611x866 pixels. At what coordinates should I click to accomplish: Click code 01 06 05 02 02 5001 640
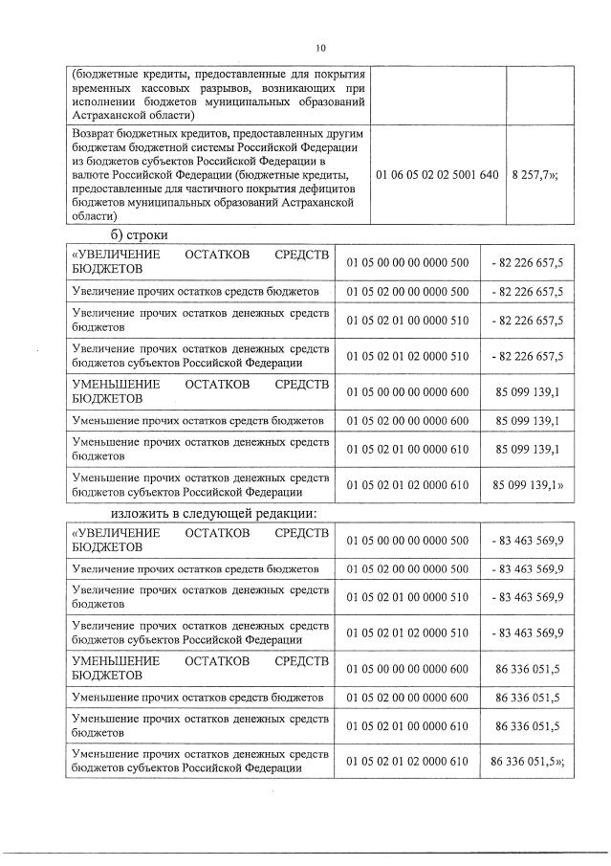(437, 176)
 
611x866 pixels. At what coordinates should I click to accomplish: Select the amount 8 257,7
(539, 176)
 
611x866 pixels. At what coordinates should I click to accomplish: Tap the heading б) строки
(138, 234)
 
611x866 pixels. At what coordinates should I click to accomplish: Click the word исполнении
(108, 100)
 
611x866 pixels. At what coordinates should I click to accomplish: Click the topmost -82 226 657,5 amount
(527, 262)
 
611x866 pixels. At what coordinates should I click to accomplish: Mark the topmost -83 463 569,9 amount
(527, 540)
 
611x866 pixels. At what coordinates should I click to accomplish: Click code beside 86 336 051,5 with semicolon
(407, 761)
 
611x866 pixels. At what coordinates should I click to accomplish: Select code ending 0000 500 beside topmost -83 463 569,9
(407, 540)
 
